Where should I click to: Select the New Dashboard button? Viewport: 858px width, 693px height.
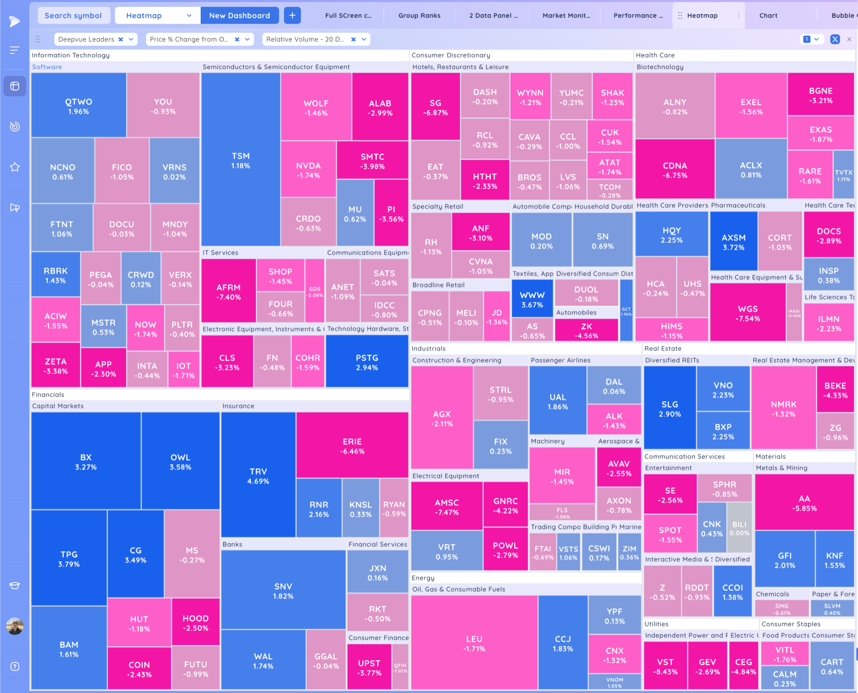point(239,16)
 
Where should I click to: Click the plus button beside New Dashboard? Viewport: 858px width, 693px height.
point(292,16)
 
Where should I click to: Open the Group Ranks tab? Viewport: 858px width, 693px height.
point(419,16)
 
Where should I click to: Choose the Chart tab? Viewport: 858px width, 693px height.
point(768,16)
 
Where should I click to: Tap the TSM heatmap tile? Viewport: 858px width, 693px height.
point(241,160)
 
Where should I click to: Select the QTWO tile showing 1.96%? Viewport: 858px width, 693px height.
point(79,106)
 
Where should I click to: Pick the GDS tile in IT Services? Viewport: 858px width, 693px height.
point(314,291)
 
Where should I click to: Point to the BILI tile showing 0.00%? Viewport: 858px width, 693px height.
point(739,528)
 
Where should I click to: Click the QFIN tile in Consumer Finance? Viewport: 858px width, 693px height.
point(400,667)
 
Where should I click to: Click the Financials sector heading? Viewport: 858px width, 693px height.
point(48,394)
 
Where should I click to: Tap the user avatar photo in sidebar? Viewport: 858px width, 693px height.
point(15,626)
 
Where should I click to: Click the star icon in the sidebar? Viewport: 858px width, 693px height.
point(15,167)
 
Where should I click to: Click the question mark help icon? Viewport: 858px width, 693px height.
point(15,666)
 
